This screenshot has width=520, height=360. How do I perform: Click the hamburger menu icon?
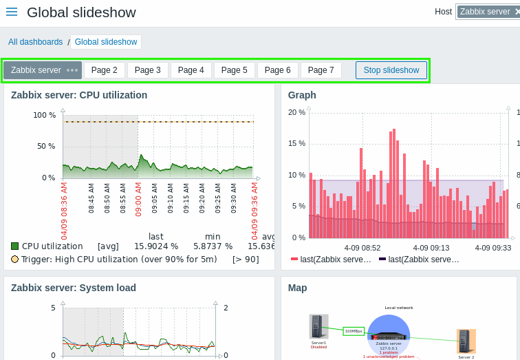pos(12,12)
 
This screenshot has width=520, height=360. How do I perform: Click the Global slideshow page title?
pos(81,12)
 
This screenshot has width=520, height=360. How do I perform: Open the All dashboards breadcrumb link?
pos(35,42)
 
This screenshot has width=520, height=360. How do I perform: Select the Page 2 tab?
pos(104,70)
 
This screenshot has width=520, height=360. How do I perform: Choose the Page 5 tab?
pos(234,70)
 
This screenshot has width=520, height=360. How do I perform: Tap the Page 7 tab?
pos(321,70)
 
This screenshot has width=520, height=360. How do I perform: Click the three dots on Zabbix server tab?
pos(72,70)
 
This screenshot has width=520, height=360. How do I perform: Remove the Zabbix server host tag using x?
pos(517,12)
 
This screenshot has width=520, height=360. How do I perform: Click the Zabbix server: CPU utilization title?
pos(79,95)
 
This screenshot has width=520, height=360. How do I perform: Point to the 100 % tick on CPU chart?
pos(45,115)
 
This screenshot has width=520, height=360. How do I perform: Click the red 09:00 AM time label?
pos(138,199)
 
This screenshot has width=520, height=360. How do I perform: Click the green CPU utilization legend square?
pos(15,246)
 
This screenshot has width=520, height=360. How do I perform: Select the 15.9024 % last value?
pos(156,246)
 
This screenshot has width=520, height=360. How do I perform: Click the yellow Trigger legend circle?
pos(15,260)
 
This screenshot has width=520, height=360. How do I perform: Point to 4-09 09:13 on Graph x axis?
pos(431,247)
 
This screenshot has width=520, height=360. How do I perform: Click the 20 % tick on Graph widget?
pos(296,112)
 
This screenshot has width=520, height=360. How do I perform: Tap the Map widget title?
pos(297,288)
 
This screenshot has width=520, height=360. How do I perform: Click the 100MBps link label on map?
pos(354,331)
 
